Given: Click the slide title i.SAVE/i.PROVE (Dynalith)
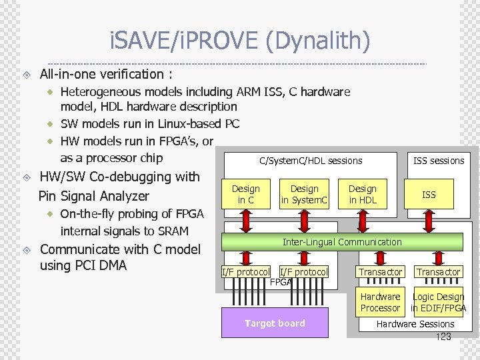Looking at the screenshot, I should point(239,41).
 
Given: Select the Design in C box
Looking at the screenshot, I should point(246,194).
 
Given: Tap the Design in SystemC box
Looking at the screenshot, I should point(305,194).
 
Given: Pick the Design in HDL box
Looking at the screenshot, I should point(363,194).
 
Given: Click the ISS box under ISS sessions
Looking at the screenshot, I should point(429,194).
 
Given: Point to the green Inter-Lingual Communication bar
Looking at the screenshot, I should point(342,242).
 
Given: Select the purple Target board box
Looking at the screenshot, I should point(275,323).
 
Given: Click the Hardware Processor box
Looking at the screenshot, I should point(381,302).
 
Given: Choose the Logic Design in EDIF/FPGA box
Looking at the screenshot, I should point(438,302).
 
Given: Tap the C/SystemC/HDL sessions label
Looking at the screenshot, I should point(311,161).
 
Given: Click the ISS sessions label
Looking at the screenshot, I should point(439,161).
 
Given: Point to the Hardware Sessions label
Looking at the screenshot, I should point(415,324).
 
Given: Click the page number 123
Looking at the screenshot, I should point(443,337).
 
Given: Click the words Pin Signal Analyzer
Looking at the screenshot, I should point(94,196).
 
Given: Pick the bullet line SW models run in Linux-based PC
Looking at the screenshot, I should point(150,123).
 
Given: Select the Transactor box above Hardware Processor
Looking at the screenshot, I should point(381,271).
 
